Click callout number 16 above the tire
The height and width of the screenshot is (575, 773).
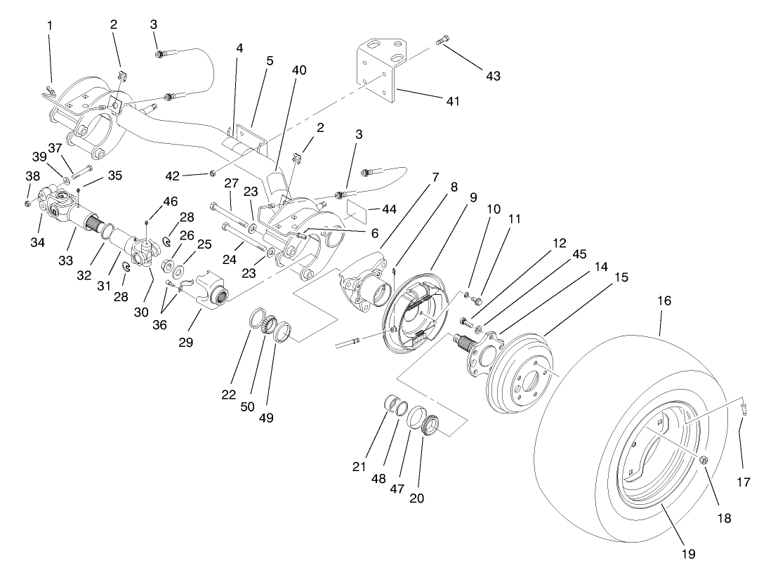click(x=664, y=300)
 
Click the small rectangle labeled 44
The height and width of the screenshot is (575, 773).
click(x=359, y=209)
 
